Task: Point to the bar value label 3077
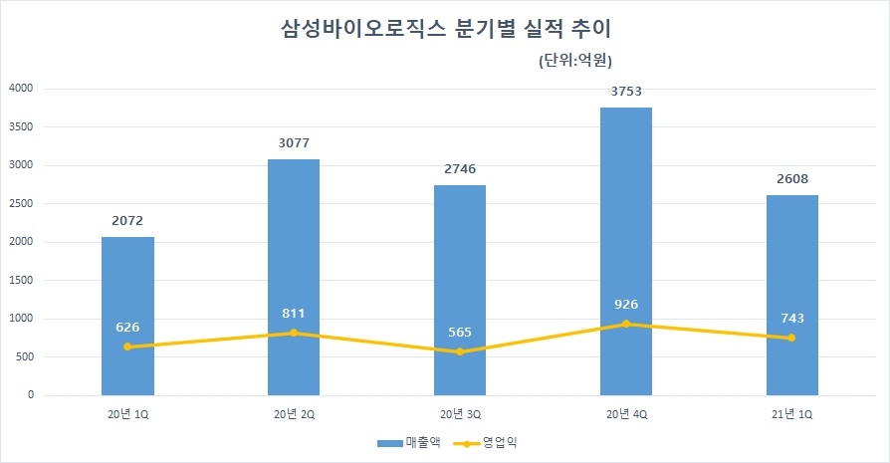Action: point(294,143)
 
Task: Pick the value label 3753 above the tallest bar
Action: point(625,92)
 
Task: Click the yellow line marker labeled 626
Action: point(127,347)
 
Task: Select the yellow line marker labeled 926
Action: point(625,324)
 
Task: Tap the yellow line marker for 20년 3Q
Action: point(460,351)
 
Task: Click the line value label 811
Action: point(294,314)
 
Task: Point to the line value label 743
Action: point(791,319)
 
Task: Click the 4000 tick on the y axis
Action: point(21,89)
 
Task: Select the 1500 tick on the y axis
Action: point(21,281)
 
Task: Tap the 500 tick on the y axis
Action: point(25,357)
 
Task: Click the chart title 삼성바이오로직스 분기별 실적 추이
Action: point(445,29)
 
